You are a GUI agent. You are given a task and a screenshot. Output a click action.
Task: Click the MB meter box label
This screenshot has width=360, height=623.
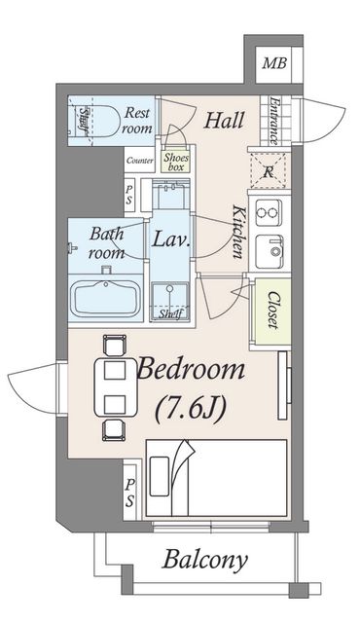[274, 63]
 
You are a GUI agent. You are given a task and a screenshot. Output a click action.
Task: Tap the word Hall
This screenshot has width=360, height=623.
[224, 120]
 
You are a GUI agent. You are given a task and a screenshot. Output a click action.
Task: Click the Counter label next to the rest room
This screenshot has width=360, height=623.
[140, 161]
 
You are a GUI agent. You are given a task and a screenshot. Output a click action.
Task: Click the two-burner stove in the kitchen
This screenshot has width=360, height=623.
[269, 212]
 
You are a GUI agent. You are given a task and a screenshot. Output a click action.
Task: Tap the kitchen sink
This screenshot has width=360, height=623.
[270, 251]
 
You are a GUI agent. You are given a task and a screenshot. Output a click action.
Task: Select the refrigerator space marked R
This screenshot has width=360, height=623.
[269, 171]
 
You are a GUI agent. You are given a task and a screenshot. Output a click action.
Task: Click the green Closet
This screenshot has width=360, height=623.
[271, 311]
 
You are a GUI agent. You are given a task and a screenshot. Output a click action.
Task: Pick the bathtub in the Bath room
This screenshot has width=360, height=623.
[106, 298]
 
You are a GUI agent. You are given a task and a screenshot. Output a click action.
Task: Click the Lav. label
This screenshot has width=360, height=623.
[170, 239]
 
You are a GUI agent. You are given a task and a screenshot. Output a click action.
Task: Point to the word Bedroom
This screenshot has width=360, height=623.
[191, 369]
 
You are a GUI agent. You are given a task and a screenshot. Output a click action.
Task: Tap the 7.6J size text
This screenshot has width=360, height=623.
[191, 409]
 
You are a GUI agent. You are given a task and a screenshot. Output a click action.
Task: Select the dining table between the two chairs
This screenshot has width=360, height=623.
[115, 387]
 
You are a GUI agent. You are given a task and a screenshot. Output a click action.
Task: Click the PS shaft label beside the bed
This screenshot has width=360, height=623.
[129, 493]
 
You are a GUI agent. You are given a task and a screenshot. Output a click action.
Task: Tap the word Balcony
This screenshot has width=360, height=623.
[204, 560]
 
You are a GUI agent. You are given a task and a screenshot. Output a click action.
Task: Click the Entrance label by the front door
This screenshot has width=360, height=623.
[273, 121]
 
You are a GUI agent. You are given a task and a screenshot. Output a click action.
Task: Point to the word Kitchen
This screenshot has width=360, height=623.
[238, 232]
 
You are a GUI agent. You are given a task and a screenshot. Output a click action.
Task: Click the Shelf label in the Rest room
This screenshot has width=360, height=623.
[84, 121]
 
